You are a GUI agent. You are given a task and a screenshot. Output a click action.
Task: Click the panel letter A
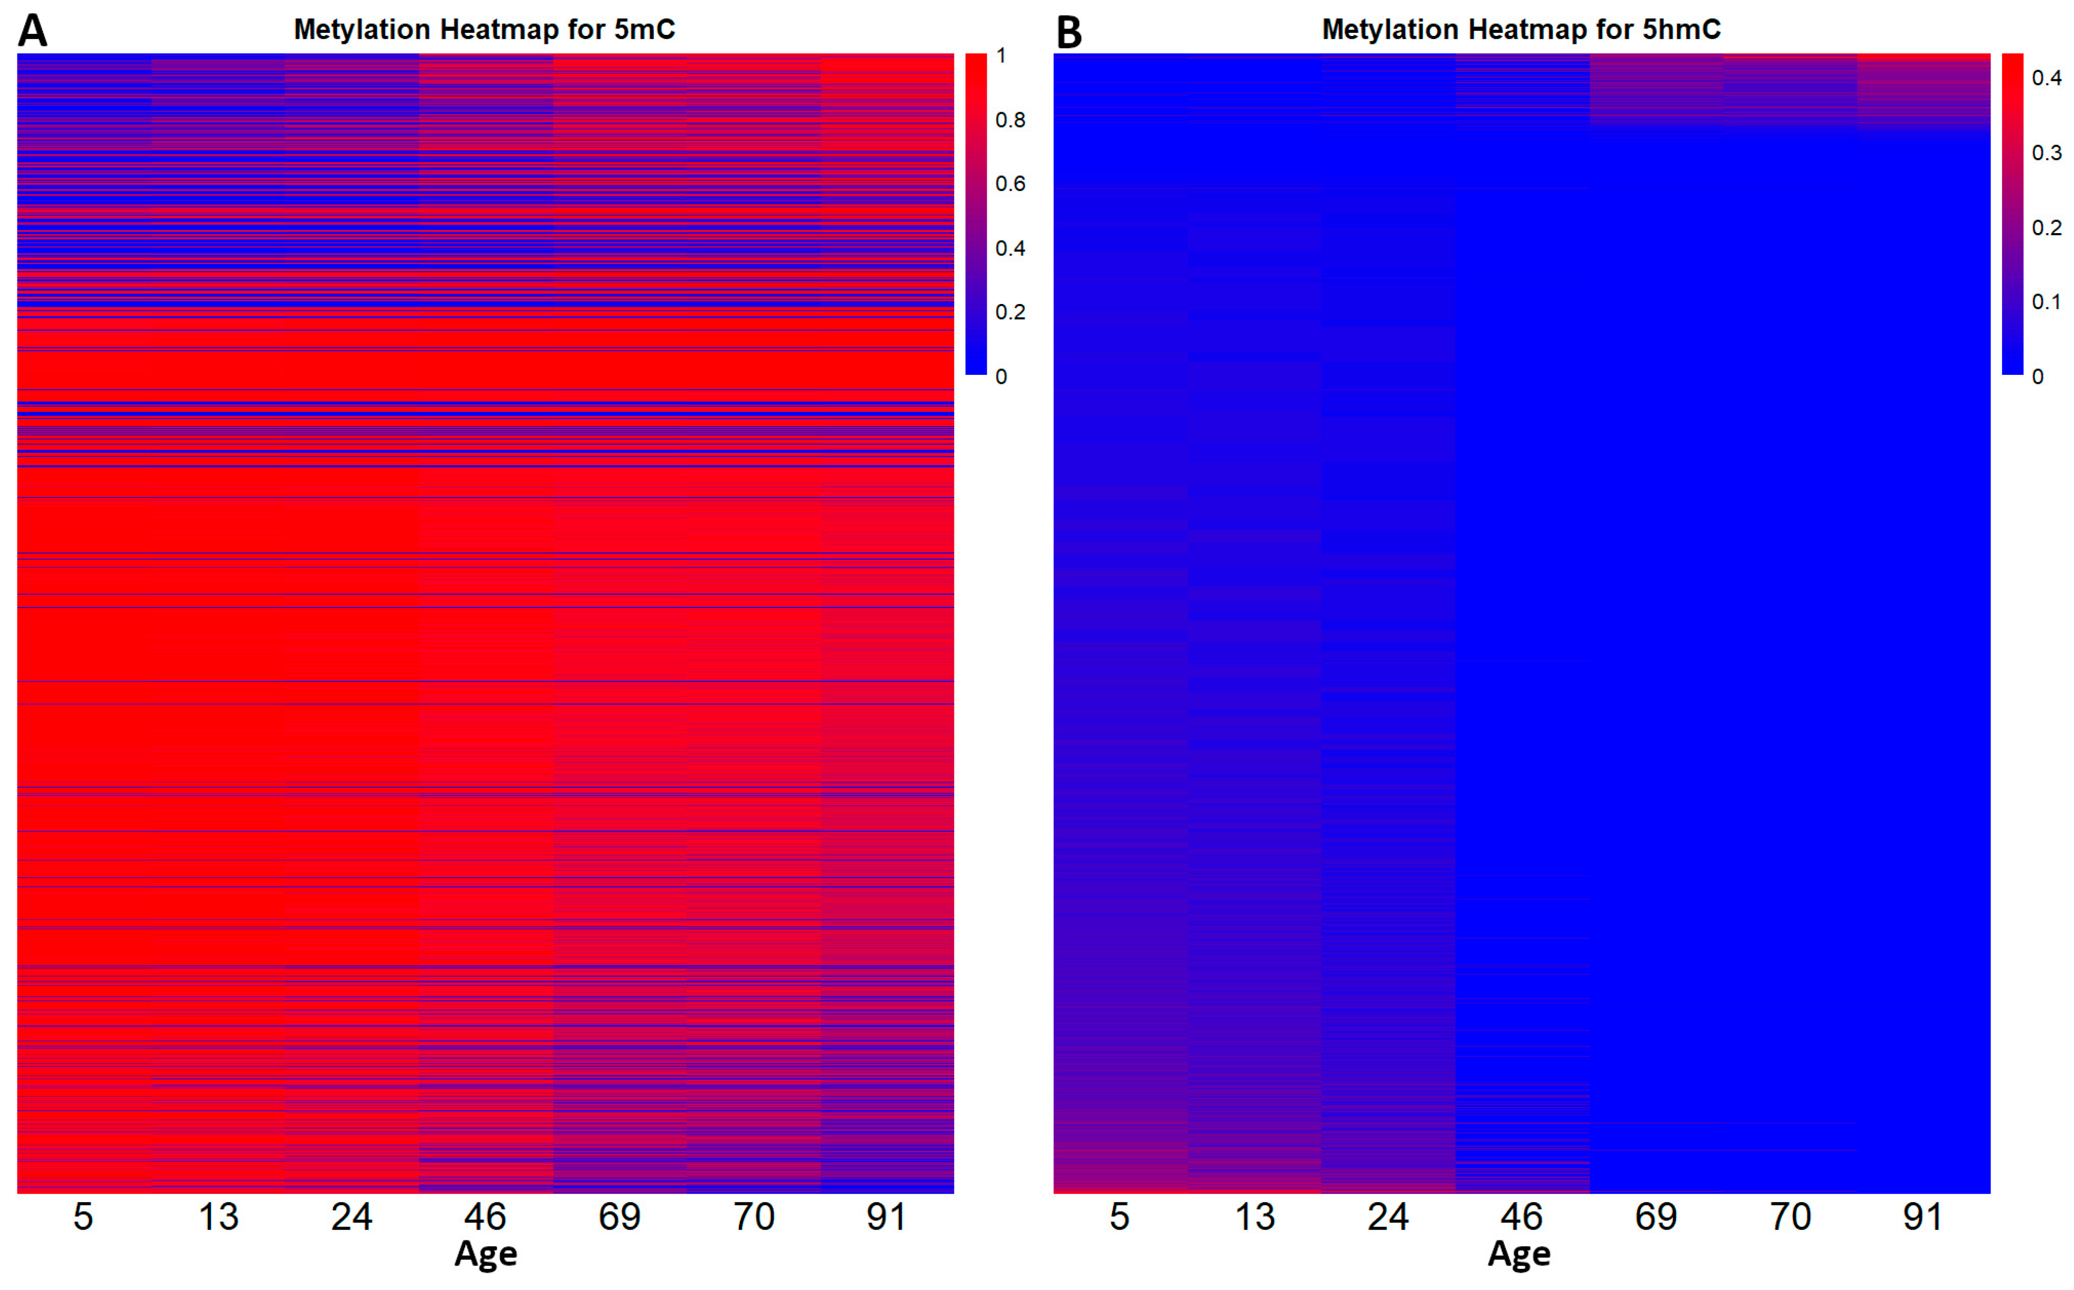[x=32, y=31]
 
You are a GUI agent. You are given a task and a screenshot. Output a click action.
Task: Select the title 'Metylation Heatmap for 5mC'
[x=484, y=30]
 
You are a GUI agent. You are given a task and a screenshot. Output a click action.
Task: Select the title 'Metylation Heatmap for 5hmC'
[x=1521, y=30]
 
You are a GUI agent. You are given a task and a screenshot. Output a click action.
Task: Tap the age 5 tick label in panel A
[x=83, y=1217]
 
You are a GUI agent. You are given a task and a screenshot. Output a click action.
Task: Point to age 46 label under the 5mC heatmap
[x=485, y=1217]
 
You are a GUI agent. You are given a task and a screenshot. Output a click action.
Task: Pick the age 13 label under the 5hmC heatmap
[x=1254, y=1217]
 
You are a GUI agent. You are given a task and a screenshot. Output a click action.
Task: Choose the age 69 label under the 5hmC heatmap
[x=1655, y=1217]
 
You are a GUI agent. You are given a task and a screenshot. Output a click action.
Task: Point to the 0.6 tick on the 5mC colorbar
[x=1011, y=185]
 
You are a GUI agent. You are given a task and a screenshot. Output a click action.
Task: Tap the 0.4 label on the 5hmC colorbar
[x=2047, y=78]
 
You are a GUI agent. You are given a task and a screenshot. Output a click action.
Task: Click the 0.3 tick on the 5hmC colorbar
[x=2047, y=153]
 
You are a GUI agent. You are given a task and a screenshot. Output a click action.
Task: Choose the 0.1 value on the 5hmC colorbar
[x=2047, y=302]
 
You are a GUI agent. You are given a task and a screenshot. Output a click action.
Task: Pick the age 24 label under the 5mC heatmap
[x=351, y=1217]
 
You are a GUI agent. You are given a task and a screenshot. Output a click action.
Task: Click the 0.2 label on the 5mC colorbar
[x=1011, y=312]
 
